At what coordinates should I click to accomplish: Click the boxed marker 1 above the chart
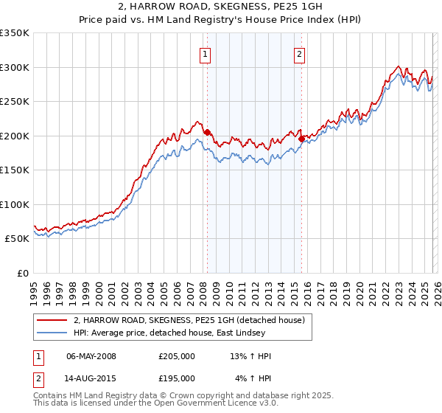point(203,52)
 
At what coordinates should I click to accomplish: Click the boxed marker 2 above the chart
point(300,52)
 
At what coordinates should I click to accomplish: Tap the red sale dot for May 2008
point(207,132)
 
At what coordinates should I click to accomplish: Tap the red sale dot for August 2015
point(302,138)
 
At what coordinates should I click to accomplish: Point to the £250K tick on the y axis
point(15,102)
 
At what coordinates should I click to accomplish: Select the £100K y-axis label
point(15,204)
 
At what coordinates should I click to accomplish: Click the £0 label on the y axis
point(22,273)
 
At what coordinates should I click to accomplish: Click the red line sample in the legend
point(53,320)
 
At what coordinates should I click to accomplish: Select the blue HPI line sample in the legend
point(53,334)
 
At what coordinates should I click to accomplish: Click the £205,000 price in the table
point(177,356)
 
